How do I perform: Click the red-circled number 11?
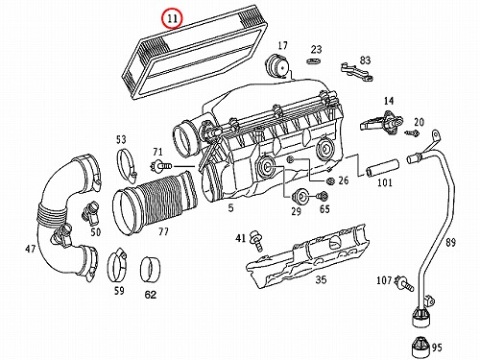pos(172,18)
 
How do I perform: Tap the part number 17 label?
pos(282,45)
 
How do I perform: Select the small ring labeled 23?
pos(314,60)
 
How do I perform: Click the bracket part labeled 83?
pos(357,72)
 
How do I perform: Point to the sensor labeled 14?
pos(382,123)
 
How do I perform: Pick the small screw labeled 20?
pos(413,132)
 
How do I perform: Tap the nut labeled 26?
pos(330,181)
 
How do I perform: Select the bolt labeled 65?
pos(323,195)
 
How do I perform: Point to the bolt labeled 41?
pos(257,240)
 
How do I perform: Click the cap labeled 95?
pos(420,347)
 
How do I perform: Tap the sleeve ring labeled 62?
pos(151,270)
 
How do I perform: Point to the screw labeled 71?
pos(161,166)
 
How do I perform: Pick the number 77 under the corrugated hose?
pos(163,231)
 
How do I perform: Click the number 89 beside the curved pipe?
pos(450,242)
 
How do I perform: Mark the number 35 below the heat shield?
pos(321,279)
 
